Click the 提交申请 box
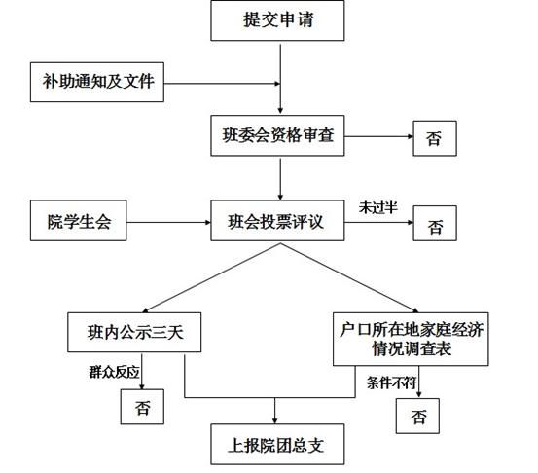pyautogui.click(x=277, y=20)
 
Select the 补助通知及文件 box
pyautogui.click(x=97, y=82)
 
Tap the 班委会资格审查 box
pyautogui.click(x=277, y=135)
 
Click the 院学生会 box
pyautogui.click(x=78, y=221)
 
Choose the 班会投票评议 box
pyautogui.click(x=277, y=221)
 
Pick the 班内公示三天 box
pyautogui.click(x=134, y=332)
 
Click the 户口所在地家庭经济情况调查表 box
pyautogui.click(x=411, y=339)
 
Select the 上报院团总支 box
pyautogui.click(x=277, y=444)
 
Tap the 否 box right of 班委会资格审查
pyautogui.click(x=435, y=138)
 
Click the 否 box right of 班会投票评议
pyautogui.click(x=435, y=223)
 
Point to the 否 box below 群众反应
pyautogui.click(x=142, y=407)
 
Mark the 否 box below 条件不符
pyautogui.click(x=417, y=416)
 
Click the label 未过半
pyautogui.click(x=378, y=207)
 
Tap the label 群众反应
pyautogui.click(x=114, y=372)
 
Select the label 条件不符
pyautogui.click(x=391, y=382)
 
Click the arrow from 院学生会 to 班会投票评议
pyautogui.click(x=168, y=223)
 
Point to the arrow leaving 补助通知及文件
pyautogui.click(x=222, y=84)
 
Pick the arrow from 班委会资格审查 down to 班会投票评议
pyautogui.click(x=280, y=179)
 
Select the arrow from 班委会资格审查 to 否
pyautogui.click(x=378, y=136)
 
